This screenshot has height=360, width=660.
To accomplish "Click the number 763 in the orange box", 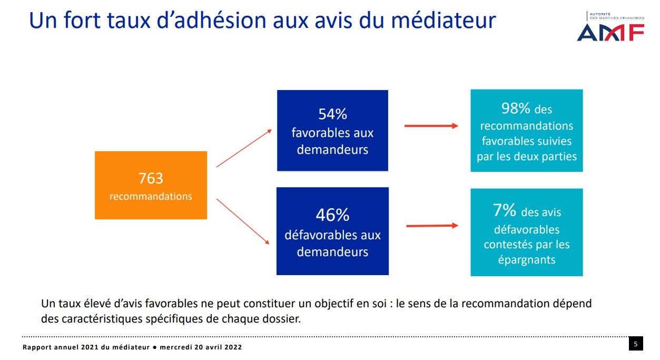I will tap(151, 178).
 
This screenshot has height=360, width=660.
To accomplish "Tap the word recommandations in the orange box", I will tap(151, 197).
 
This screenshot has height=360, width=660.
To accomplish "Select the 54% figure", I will tap(332, 114).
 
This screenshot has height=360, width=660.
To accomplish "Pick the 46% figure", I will tap(332, 215).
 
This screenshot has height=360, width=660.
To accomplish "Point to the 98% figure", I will tap(515, 109).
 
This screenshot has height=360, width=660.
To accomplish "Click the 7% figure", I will tap(504, 211).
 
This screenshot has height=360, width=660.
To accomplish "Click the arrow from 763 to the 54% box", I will tap(244, 148).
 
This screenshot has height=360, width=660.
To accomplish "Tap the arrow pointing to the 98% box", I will tap(431, 126).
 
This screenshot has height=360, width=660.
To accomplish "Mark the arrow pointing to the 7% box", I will tap(432, 226).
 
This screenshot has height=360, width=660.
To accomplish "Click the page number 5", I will tap(636, 344).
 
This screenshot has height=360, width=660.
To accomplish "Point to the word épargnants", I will tap(526, 260).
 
